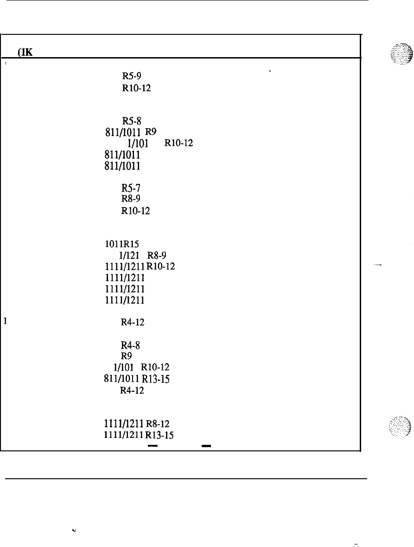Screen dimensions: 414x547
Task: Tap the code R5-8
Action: (x=128, y=119)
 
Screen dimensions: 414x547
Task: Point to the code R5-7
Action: (x=128, y=188)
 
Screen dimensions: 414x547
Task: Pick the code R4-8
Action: (x=128, y=345)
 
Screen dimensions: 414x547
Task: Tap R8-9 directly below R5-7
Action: (x=128, y=199)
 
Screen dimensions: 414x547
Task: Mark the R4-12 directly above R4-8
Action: (x=133, y=322)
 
